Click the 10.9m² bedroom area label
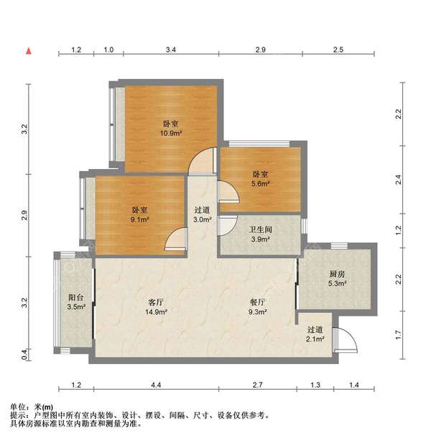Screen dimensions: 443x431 click(x=170, y=133)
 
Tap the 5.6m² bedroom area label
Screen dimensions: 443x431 click(x=260, y=183)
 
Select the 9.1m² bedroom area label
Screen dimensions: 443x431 click(x=140, y=220)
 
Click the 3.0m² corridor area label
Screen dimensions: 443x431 click(x=201, y=220)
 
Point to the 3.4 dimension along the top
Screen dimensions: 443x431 click(x=170, y=50)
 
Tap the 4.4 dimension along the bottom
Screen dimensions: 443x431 click(x=156, y=387)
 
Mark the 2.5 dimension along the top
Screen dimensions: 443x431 click(x=338, y=50)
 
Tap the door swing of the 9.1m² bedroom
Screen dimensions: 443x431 click(x=175, y=240)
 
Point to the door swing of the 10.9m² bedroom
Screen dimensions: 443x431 click(x=203, y=163)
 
